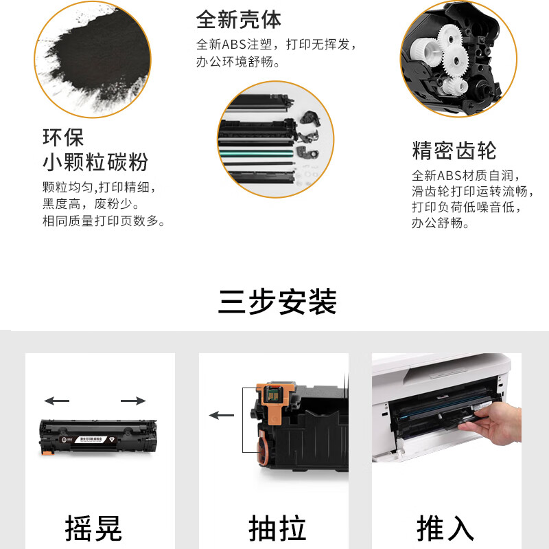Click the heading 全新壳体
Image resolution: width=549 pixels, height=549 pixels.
[x=238, y=20]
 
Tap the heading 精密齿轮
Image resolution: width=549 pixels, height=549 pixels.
[x=454, y=150]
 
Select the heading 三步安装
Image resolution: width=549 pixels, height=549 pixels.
[x=277, y=302]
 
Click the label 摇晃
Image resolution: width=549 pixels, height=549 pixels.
[x=93, y=528]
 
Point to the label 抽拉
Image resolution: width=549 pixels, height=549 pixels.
[x=277, y=528]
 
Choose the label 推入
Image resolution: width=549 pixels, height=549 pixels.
[x=445, y=528]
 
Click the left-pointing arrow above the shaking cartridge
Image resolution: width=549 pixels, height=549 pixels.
[x=57, y=401]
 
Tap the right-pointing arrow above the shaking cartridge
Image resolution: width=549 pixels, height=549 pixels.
[x=133, y=401]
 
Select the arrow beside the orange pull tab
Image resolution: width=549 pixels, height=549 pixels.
[x=221, y=416]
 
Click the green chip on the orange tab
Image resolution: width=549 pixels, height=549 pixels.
[x=272, y=395]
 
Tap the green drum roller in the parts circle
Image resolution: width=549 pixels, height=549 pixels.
[x=256, y=153]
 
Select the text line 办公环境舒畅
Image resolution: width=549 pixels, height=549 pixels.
[x=237, y=62]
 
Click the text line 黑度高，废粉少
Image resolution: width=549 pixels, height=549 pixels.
[x=91, y=204]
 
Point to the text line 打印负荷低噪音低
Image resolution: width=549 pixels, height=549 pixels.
[x=467, y=208]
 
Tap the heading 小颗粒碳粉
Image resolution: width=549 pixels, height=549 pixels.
[x=95, y=162]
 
